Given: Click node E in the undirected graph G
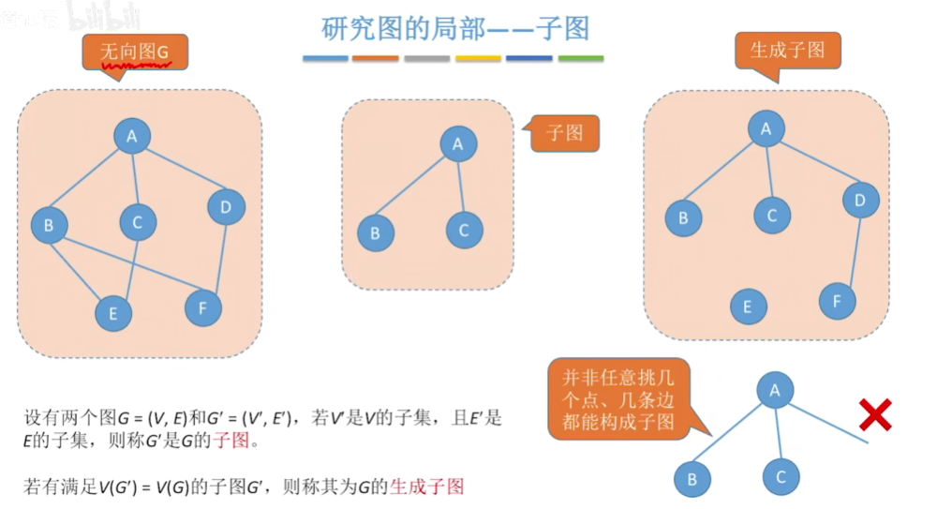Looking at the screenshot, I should (113, 313).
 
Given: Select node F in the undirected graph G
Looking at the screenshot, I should (202, 307).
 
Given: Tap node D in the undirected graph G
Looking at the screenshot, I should (226, 206).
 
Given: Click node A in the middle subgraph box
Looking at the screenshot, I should (458, 144).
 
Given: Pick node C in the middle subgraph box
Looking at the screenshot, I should (464, 230).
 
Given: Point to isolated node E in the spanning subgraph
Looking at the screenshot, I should (748, 307).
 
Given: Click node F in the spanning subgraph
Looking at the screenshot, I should (838, 302).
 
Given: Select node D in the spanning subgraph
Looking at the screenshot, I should (860, 199).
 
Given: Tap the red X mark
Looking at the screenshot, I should (874, 413).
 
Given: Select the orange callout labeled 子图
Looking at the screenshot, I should (565, 133).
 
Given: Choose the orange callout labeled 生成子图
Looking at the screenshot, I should (788, 51).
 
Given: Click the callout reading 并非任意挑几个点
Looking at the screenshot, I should (618, 398).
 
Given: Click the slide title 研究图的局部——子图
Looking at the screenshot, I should (455, 28).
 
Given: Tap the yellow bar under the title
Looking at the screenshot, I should (478, 59).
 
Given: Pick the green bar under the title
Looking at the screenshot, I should (581, 59).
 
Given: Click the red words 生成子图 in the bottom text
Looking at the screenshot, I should (427, 487).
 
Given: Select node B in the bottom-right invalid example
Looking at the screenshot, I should (692, 480).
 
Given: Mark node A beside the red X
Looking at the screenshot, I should (774, 390).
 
